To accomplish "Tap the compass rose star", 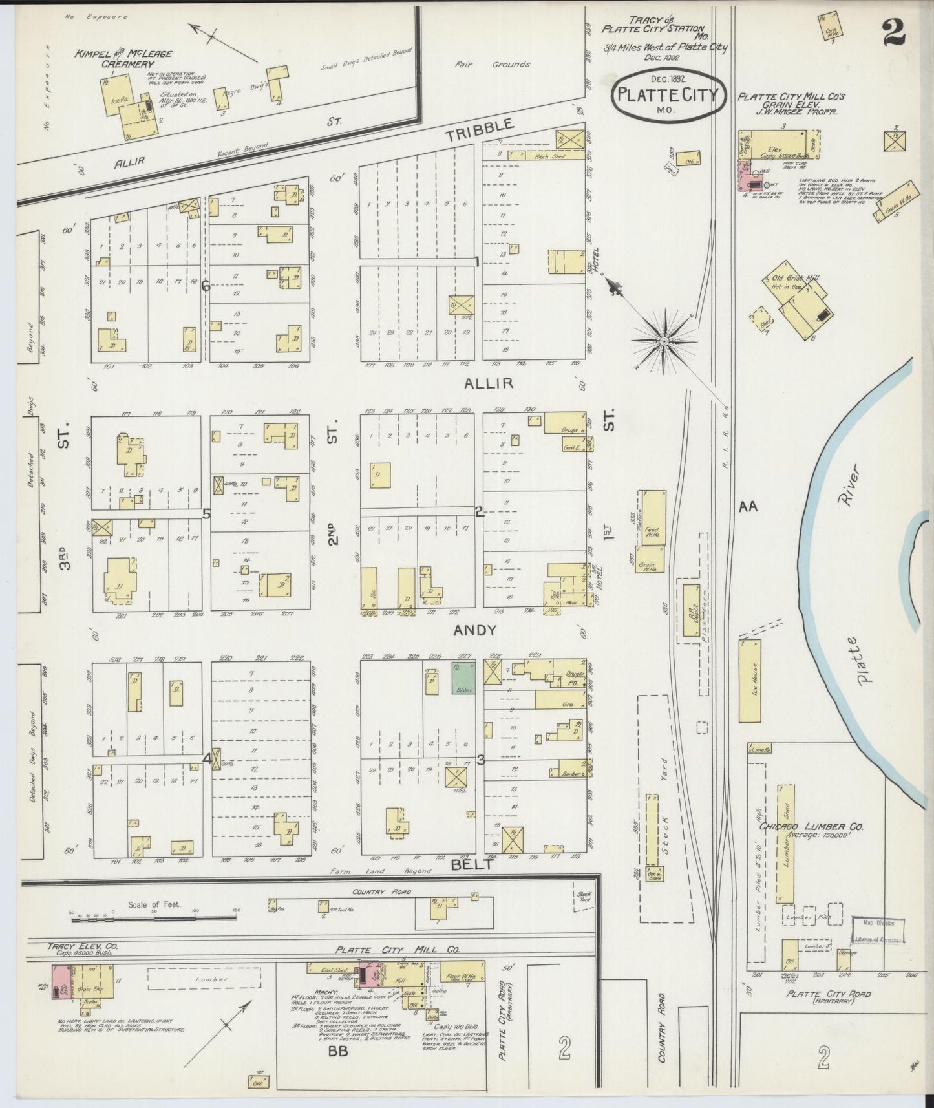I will coord(664,340).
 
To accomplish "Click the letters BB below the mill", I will coord(338,1052).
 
